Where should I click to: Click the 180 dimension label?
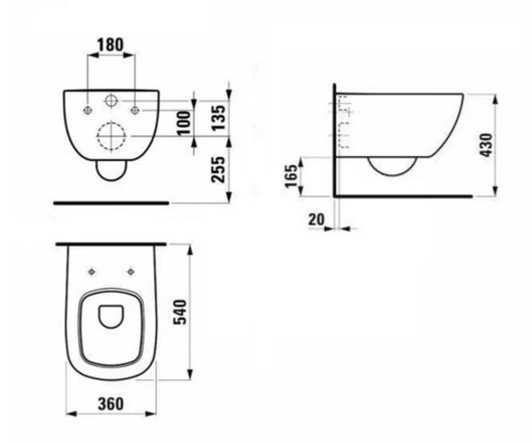tap(110, 44)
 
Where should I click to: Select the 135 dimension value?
tap(218, 118)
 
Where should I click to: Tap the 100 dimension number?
tap(185, 122)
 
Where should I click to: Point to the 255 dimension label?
tap(218, 169)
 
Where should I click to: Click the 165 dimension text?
tap(291, 176)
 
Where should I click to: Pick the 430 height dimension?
tap(487, 145)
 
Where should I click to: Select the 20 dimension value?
tap(317, 220)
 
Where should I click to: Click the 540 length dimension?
tap(180, 312)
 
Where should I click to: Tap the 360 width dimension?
tap(111, 404)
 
